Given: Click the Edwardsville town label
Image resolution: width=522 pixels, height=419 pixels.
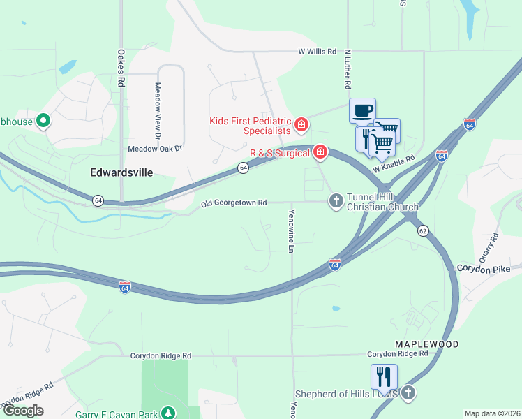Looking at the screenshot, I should click(x=121, y=172).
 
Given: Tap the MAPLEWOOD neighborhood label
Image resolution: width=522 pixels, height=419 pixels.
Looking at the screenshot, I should click(x=426, y=345).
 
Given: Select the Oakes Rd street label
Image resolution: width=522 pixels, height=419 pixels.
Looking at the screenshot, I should click(x=121, y=67).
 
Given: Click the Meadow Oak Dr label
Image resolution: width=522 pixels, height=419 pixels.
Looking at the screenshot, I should click(x=154, y=149).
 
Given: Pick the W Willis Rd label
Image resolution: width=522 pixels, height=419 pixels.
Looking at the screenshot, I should click(x=318, y=52).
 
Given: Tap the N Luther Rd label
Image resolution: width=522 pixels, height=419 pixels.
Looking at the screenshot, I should click(x=346, y=72).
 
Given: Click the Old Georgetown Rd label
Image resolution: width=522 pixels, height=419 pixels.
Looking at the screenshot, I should click(x=234, y=203).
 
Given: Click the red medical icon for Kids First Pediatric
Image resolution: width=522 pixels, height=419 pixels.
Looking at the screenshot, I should click(x=301, y=125).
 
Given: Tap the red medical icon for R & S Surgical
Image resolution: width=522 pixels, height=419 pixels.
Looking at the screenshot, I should click(x=320, y=152).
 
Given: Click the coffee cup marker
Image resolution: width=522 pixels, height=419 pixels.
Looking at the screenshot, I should click(x=362, y=110).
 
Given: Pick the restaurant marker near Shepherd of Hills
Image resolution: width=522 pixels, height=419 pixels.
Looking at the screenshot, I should click(x=384, y=377).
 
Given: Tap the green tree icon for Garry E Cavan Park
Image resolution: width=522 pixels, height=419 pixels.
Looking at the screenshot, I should click(x=167, y=413).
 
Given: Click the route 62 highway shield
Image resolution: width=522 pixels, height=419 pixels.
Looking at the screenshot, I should click(x=423, y=230).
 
